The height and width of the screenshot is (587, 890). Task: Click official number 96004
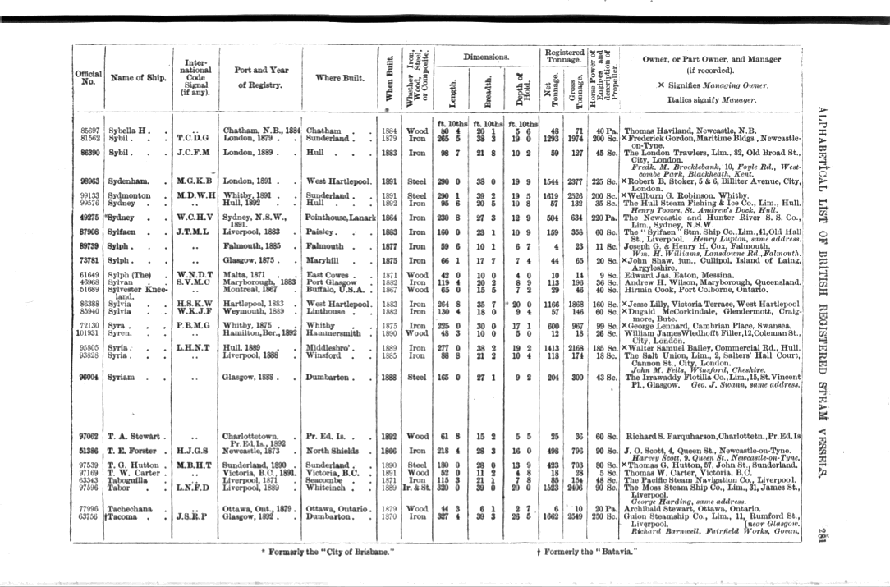tap(89, 377)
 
